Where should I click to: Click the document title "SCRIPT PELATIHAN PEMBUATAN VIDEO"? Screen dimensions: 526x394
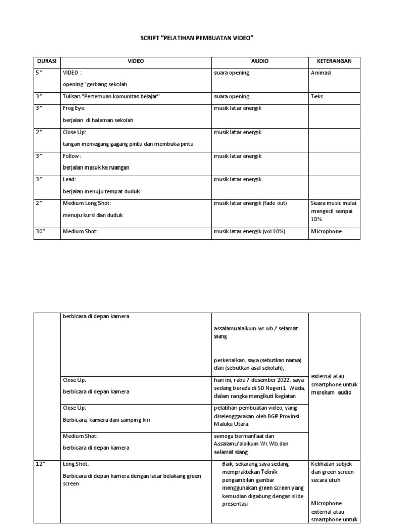coord(197,39)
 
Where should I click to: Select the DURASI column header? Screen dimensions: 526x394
coord(47,61)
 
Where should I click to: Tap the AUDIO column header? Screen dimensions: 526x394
coord(260,61)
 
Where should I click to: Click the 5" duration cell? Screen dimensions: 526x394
coord(39,73)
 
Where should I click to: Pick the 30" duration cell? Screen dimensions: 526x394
coord(41,231)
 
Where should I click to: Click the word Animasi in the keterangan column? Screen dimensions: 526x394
coord(321,73)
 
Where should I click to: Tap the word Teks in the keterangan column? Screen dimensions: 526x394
coord(317,96)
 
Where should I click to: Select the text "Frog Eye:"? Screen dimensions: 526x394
coord(74,109)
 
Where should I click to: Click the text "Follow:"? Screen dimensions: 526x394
coord(72,156)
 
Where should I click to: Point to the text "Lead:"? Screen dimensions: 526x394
coord(69,179)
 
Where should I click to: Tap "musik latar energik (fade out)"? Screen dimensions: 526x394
coord(250,203)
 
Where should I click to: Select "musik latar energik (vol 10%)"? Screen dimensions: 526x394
coord(249,231)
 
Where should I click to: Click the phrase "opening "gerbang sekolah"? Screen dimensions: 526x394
coord(95,84)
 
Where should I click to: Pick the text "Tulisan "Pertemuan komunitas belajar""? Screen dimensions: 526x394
coord(111,96)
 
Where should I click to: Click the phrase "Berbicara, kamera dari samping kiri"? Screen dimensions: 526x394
coord(106,420)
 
